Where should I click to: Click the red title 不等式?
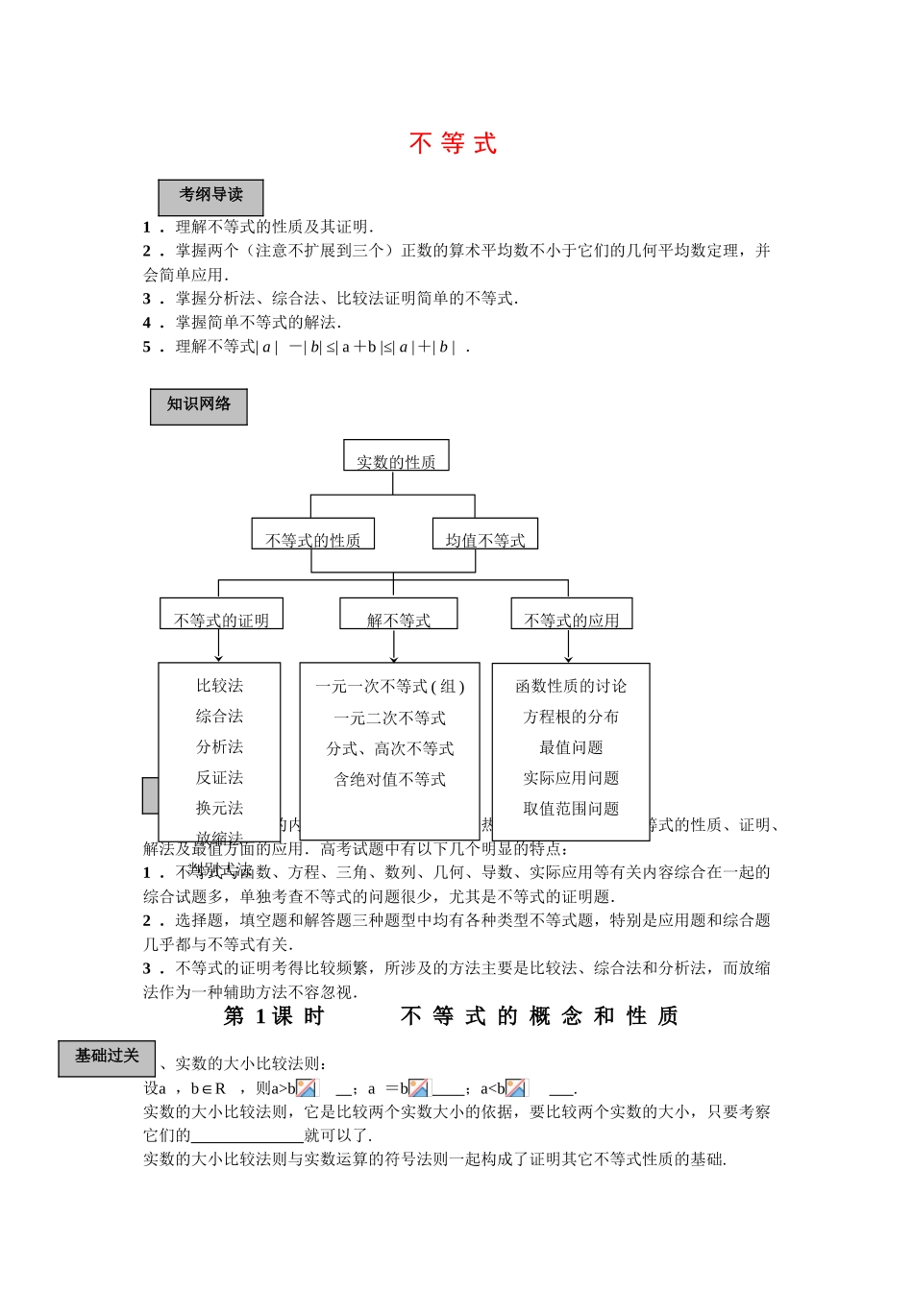[453, 143]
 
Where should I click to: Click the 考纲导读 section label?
[210, 196]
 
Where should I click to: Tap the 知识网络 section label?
[199, 405]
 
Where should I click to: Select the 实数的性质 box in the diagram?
[396, 457]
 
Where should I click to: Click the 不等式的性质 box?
[313, 536]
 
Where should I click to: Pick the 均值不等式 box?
[485, 536]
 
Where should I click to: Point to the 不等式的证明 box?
[221, 616]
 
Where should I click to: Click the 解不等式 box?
[399, 616]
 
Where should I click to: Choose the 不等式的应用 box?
[572, 616]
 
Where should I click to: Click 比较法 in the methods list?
[220, 685]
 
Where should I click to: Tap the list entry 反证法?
[220, 777]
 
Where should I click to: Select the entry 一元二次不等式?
[390, 718]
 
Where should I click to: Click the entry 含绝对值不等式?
[390, 779]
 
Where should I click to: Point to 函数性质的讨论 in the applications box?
[571, 686]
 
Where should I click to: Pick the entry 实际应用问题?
[571, 778]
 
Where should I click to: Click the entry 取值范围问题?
[571, 809]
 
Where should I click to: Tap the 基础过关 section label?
[107, 1057]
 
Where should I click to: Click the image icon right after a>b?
[308, 1088]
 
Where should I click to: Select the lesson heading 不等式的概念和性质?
[539, 1016]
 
